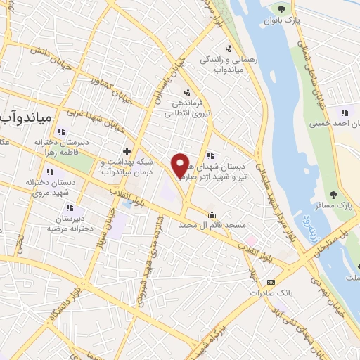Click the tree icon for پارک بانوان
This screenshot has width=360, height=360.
pos(282,9)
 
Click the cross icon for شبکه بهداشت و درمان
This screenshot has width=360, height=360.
pos(127,151)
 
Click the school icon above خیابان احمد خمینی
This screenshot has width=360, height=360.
pos(344,112)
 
